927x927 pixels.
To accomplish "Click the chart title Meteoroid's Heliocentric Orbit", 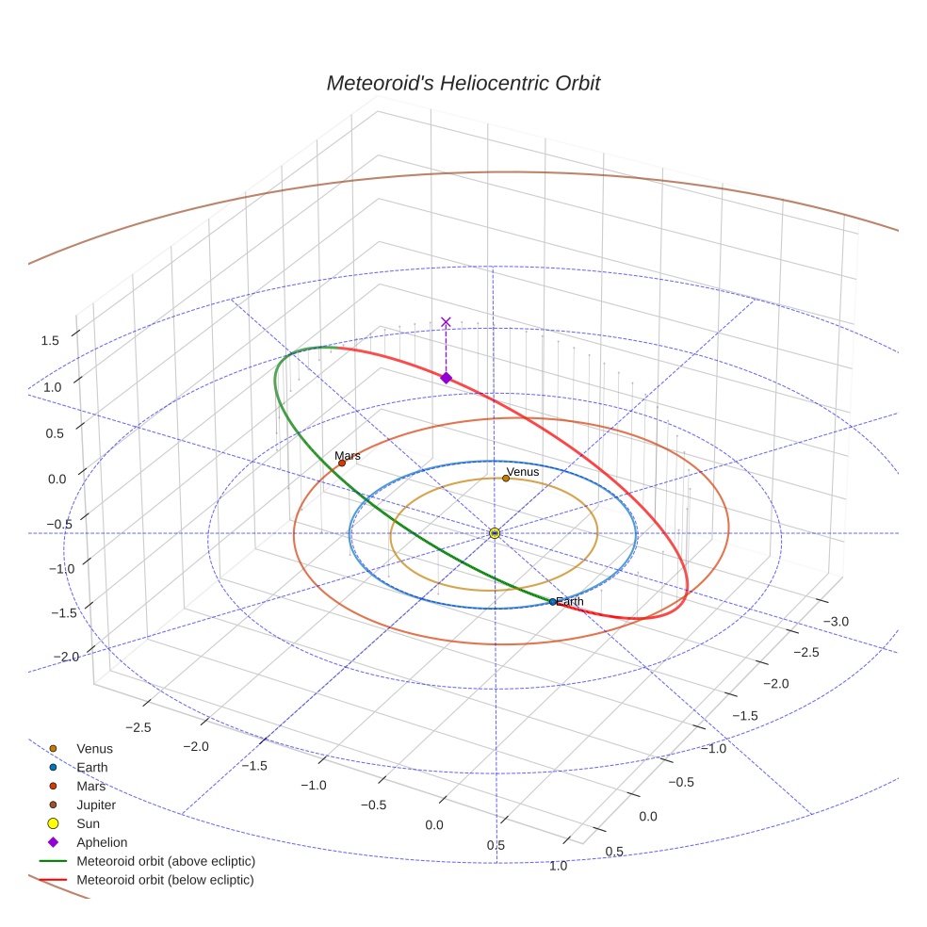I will point(463,83).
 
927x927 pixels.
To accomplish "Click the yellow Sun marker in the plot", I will point(495,533).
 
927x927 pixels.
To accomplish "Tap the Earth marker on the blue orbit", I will point(552,601).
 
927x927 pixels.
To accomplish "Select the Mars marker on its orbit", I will point(342,463).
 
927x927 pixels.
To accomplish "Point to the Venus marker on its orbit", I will point(506,479).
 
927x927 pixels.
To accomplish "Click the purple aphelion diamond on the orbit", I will point(446,378).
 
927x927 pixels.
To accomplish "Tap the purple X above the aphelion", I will point(446,322).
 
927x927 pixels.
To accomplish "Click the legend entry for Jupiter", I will point(96,805).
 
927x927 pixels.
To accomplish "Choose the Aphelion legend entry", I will point(101,842).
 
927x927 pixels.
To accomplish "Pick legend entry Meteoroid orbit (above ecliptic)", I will point(165,861).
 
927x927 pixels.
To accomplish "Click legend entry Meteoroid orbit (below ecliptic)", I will point(165,880).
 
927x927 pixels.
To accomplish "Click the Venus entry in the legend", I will point(94,748).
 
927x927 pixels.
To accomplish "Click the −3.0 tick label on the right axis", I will point(837,621).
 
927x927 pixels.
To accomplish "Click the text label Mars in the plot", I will point(348,455).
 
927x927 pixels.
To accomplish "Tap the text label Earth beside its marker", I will point(570,601).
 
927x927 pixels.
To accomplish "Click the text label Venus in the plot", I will point(523,472).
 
